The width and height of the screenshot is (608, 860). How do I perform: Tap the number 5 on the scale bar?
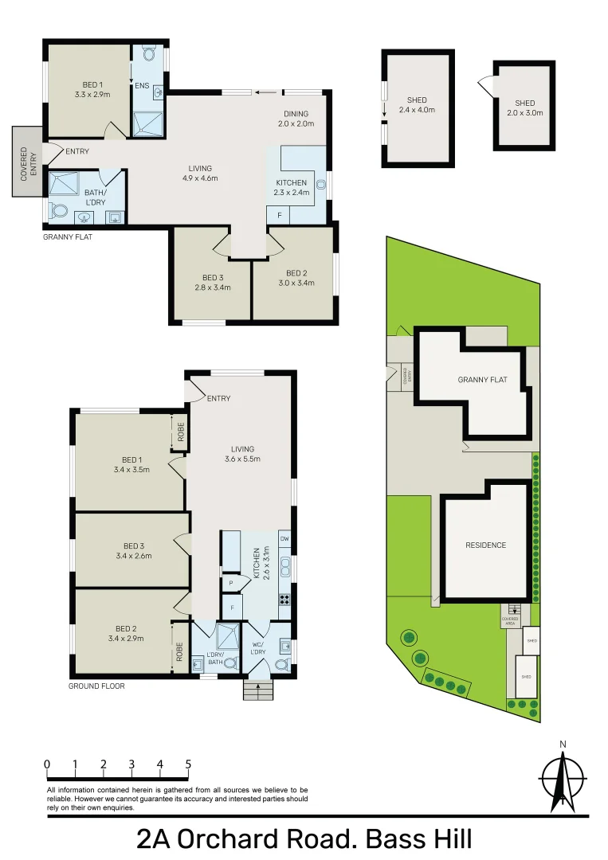188,764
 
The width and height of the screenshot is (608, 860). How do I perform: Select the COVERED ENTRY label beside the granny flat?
24,162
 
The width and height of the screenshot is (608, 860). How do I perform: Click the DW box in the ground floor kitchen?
284,539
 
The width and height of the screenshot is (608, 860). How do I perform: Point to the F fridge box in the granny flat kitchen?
279,215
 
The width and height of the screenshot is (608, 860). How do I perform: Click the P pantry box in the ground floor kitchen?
230,583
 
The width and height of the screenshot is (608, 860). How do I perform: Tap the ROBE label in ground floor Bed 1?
180,431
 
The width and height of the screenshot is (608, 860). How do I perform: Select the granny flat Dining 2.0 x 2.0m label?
296,119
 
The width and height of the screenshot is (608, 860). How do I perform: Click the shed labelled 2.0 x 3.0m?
524,107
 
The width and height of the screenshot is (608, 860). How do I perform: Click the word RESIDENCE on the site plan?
485,545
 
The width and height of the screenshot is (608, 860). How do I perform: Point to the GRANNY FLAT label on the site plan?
481,380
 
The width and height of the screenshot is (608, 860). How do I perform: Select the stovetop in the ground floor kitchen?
284,600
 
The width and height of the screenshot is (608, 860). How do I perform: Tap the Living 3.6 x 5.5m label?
243,454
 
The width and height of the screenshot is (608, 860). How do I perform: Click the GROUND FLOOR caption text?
96,686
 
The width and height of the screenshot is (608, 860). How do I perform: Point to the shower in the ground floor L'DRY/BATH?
227,636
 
